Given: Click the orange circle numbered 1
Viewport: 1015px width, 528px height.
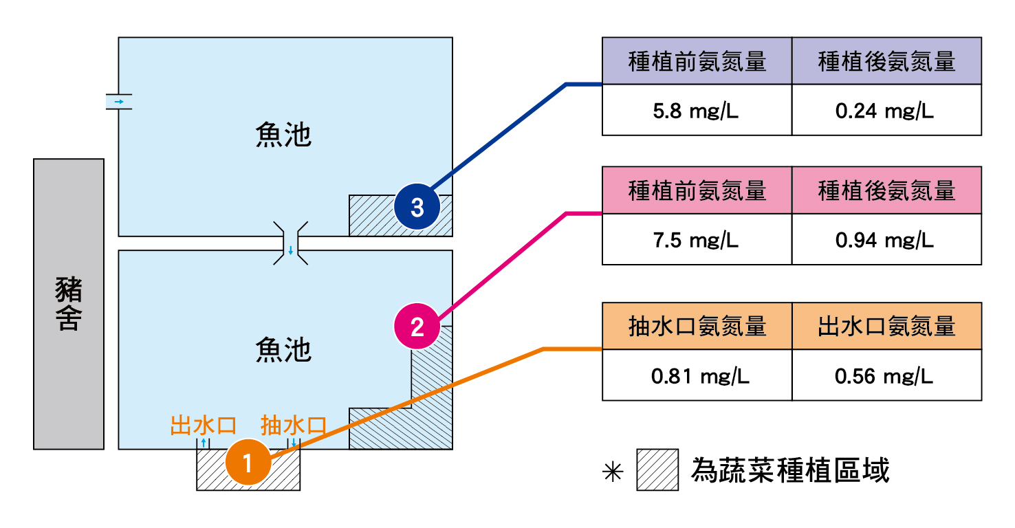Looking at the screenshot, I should coord(248,462).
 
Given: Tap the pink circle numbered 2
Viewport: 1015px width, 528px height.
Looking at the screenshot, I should coord(417,327).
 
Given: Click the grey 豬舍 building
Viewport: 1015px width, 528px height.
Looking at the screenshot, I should coord(69,304).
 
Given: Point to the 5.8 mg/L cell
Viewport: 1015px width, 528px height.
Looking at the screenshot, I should coord(696,111).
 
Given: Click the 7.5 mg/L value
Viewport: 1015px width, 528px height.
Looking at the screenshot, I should coord(696,240).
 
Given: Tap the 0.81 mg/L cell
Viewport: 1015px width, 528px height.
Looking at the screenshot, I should coord(696,376).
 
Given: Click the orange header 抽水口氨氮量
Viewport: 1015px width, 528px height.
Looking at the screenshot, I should coord(697,326).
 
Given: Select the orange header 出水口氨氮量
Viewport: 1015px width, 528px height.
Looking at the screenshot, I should coord(886,326).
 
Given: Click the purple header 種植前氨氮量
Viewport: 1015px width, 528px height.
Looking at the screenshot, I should coord(697,61).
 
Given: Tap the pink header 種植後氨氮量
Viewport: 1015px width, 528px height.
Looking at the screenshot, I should coord(886,190).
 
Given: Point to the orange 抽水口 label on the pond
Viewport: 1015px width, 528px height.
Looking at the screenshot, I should coord(294,425).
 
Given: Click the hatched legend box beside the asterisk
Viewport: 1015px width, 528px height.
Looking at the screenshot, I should coord(657,470).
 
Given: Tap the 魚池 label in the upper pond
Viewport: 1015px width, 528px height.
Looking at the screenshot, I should coord(283,135).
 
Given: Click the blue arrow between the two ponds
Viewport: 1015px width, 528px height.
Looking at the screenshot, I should coord(291,250).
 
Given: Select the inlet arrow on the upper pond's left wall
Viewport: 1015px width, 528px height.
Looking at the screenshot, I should coord(119,102).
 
